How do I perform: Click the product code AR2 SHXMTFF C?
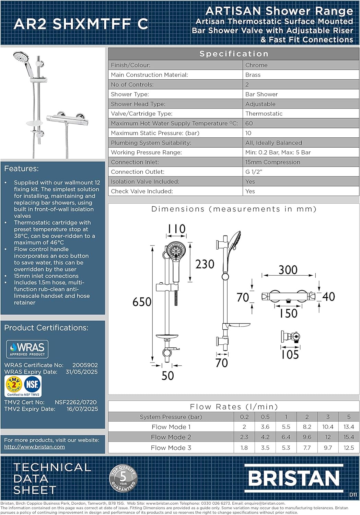(x=81, y=24)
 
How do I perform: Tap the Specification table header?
(x=234, y=54)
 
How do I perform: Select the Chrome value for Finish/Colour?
(x=256, y=65)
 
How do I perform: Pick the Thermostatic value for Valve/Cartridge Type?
(x=264, y=114)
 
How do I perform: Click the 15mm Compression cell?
(x=272, y=162)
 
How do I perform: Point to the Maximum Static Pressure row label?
(x=155, y=133)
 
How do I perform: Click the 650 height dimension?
(x=142, y=302)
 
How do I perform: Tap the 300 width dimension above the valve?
(x=288, y=270)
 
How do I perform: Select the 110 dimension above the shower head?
(x=176, y=229)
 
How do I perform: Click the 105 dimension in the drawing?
(x=290, y=354)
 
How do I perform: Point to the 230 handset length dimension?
(x=205, y=264)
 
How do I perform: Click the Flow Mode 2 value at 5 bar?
(x=348, y=437)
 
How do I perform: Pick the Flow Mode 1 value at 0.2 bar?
(x=244, y=427)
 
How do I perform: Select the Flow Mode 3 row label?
(x=171, y=448)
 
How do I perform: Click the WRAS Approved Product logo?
(x=27, y=349)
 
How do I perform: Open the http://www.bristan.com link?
(x=34, y=447)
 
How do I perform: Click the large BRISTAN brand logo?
(x=293, y=478)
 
